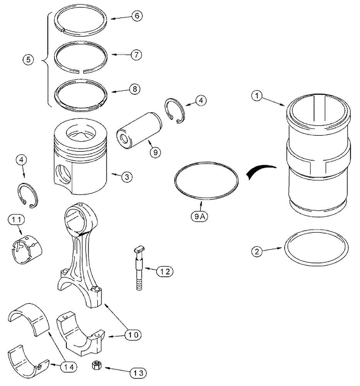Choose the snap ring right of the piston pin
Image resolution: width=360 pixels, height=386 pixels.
(175, 112)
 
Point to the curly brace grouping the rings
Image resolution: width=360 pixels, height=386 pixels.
(46, 60)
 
